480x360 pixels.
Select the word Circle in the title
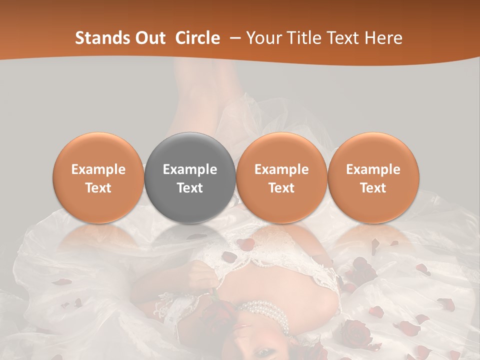pyautogui.click(x=197, y=38)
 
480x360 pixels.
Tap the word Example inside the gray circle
pyautogui.click(x=190, y=169)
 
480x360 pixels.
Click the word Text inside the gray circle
pyautogui.click(x=190, y=188)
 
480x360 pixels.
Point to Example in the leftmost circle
pyautogui.click(x=98, y=169)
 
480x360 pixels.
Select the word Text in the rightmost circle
pyautogui.click(x=373, y=188)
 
